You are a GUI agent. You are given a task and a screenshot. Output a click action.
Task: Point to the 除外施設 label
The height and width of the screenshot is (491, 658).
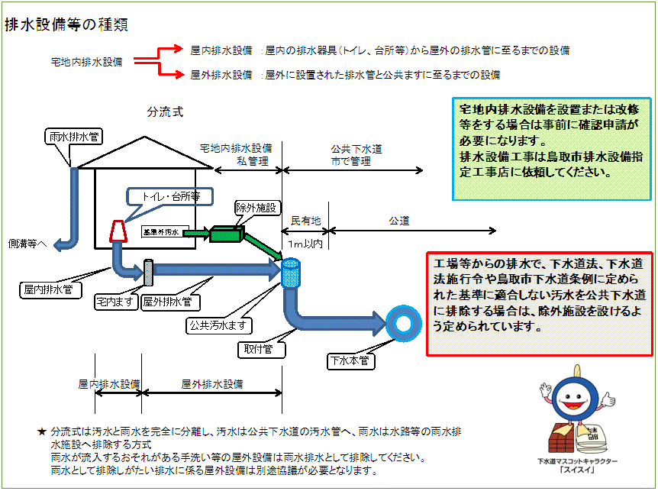tap(259, 208)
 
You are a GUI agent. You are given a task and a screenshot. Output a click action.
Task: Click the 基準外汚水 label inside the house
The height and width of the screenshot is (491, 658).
tap(160, 231)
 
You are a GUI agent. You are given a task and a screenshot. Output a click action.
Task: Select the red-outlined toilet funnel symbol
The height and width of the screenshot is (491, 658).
tap(118, 231)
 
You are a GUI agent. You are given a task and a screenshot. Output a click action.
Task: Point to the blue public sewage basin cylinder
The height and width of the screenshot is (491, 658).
tap(292, 273)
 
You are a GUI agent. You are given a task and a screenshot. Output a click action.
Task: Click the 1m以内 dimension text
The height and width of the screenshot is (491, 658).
tap(307, 244)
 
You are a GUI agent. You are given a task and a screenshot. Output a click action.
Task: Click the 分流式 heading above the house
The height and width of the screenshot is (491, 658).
tap(165, 112)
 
